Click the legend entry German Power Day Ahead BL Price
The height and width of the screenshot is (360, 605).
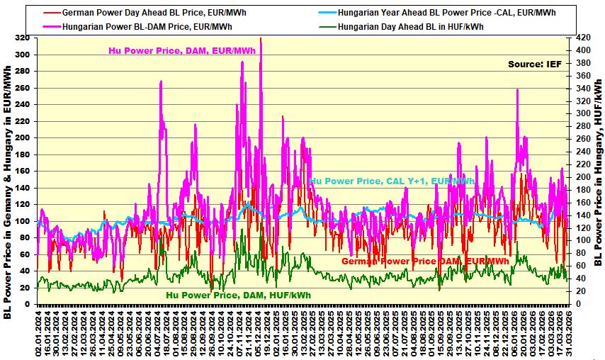pos(142,13)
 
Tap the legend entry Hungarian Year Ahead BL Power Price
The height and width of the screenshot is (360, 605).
pos(446,13)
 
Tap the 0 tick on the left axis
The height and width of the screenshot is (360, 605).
pos(28,305)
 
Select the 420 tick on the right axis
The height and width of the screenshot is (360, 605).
pos(580,38)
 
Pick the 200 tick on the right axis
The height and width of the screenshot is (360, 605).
pos(580,177)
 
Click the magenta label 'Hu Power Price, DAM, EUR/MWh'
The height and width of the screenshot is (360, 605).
pos(182,50)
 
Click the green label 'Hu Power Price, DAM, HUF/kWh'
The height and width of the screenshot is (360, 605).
pos(238,295)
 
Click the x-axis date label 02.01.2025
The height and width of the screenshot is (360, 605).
pos(285,332)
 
